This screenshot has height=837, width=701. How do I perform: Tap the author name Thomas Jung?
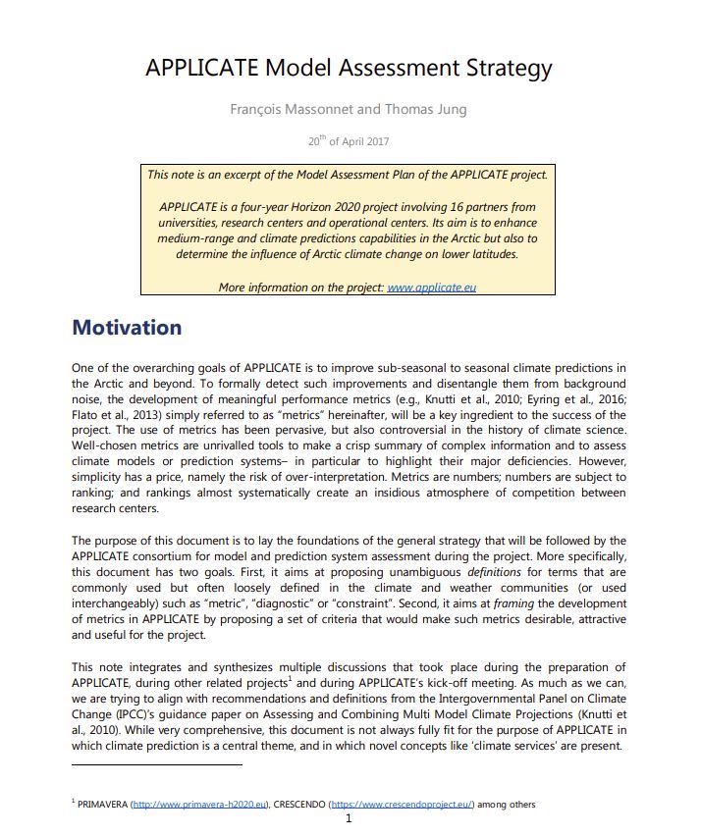pyautogui.click(x=425, y=109)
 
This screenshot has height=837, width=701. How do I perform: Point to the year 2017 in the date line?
pyautogui.click(x=376, y=141)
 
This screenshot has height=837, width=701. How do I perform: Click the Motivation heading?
pyautogui.click(x=127, y=327)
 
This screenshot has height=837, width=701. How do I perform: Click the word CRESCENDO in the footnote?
pyautogui.click(x=300, y=804)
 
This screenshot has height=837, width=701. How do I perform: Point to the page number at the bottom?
pyautogui.click(x=350, y=819)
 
